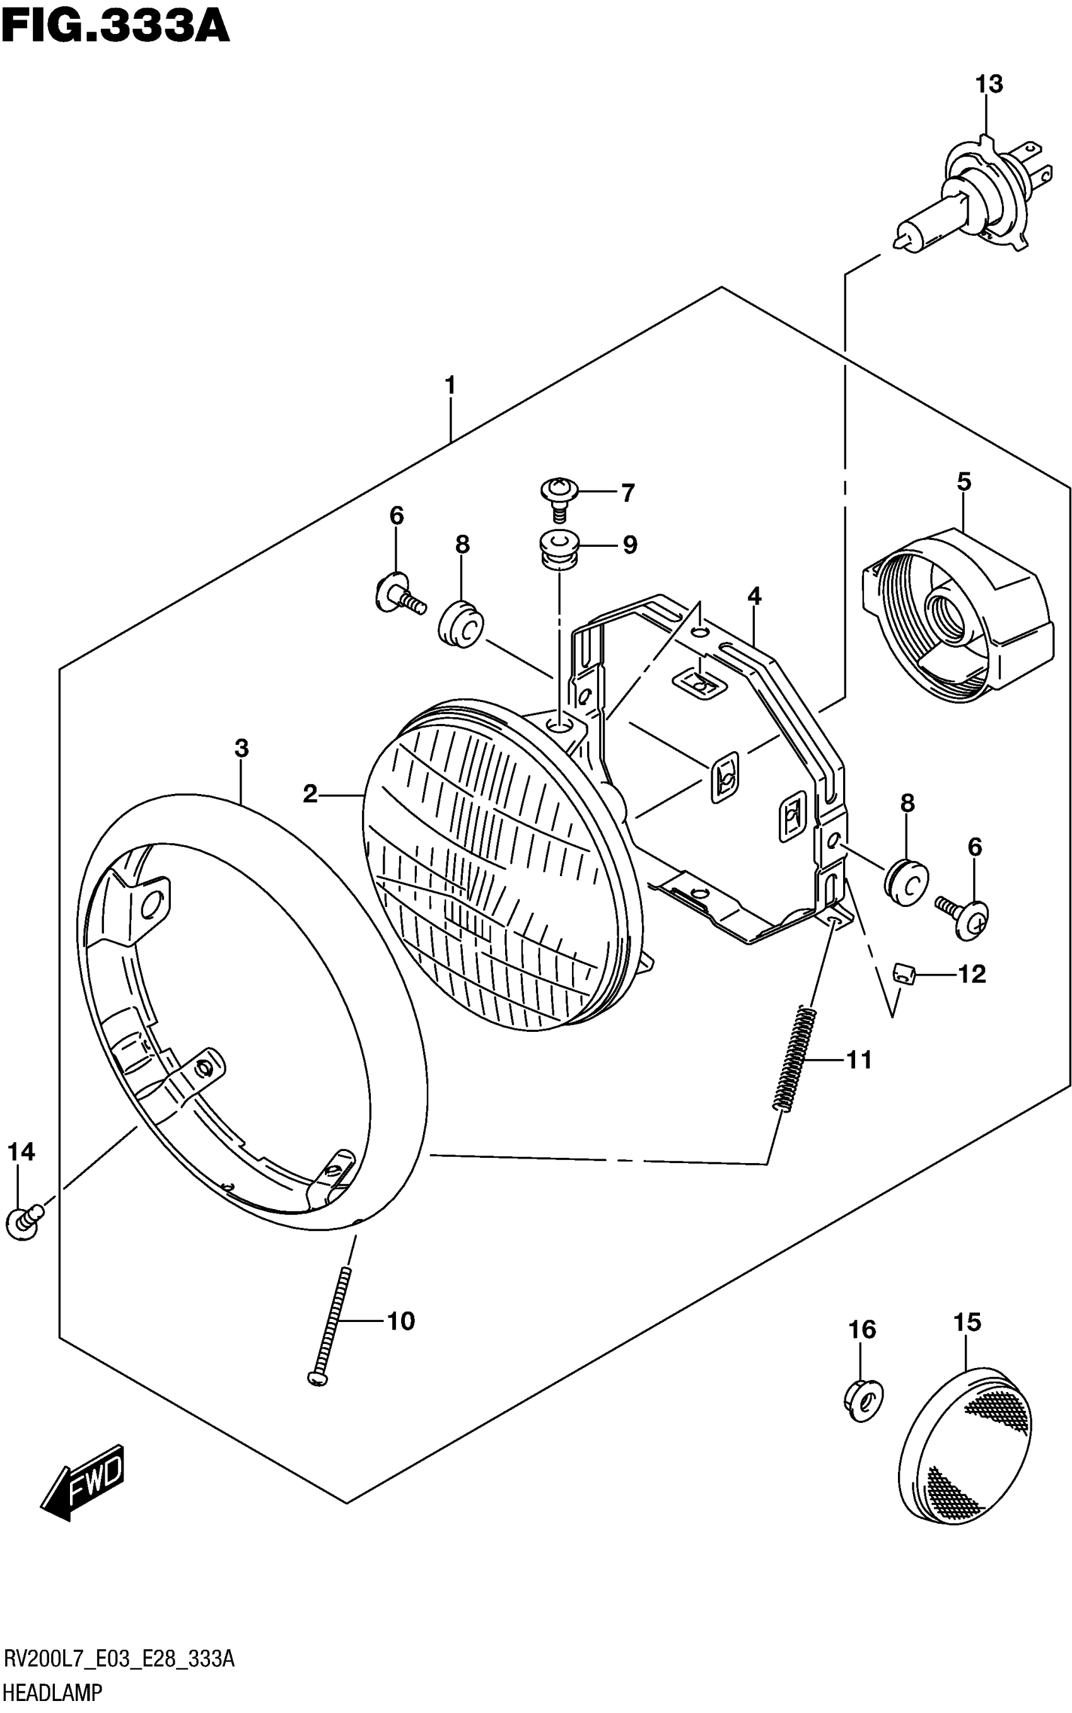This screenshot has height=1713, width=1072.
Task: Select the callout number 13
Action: click(x=988, y=85)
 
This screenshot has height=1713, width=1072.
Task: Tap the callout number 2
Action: click(x=310, y=794)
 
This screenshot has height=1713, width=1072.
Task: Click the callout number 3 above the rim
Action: click(x=241, y=748)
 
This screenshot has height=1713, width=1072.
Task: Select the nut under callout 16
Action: click(x=863, y=1401)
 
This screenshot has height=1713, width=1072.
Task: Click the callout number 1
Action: click(x=450, y=386)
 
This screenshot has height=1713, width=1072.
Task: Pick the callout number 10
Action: click(x=400, y=1321)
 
